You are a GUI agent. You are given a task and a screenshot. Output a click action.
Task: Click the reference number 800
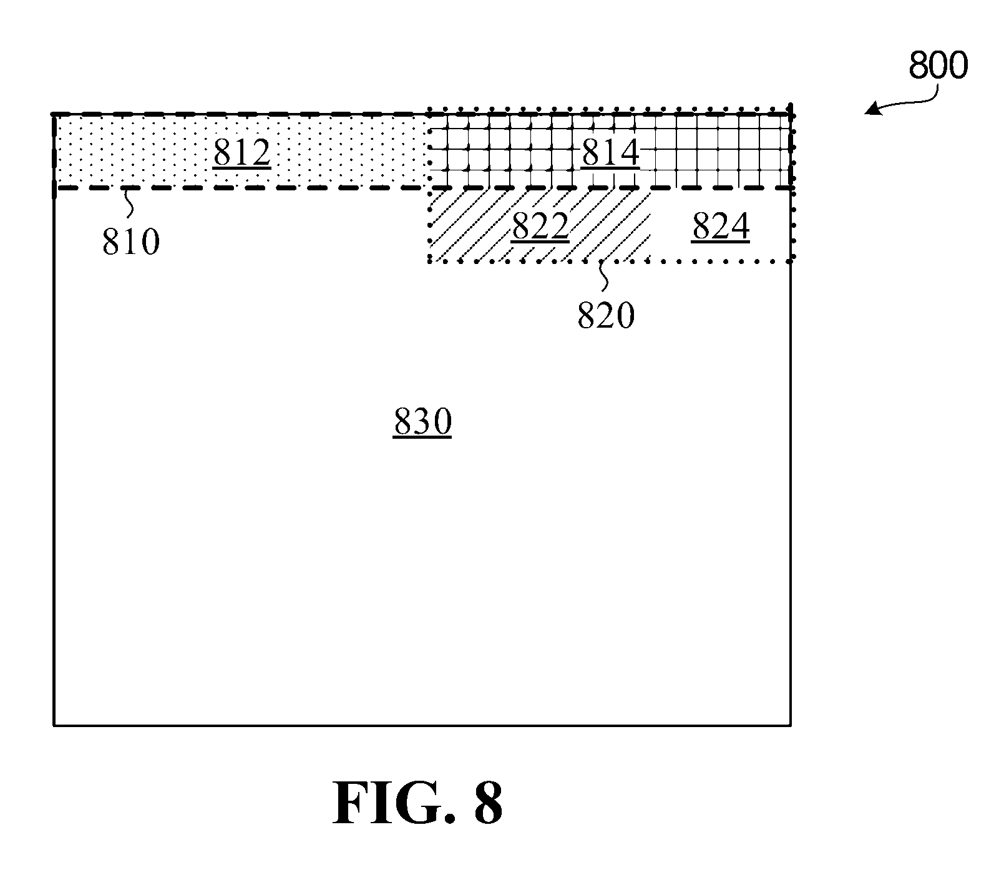coord(938,65)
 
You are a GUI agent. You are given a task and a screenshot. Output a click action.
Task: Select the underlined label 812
coord(241,153)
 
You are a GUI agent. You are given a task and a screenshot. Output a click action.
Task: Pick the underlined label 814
coord(610,153)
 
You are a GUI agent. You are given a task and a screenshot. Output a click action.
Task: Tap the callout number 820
coord(606,315)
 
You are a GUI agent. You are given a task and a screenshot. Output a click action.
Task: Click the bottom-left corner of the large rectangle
coord(54,725)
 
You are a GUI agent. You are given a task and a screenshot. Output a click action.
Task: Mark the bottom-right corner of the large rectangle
coord(791,725)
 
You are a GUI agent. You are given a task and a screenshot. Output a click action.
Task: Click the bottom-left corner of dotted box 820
coord(429,262)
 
